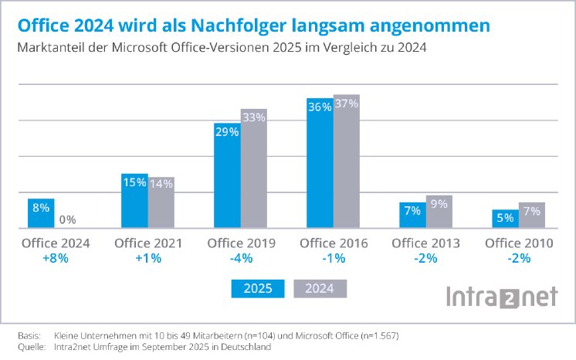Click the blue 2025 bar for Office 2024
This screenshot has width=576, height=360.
[x=41, y=213]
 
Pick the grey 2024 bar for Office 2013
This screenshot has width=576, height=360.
[x=439, y=212]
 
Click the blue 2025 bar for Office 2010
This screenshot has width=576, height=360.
[x=504, y=219]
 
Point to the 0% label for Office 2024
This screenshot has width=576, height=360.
[x=68, y=219]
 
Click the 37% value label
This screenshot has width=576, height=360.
[x=346, y=104]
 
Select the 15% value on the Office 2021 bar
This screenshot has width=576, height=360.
[x=134, y=182]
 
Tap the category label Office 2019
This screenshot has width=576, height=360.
[x=240, y=243]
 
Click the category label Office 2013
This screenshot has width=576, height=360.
[x=425, y=243]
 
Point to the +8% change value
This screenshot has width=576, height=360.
[x=55, y=259]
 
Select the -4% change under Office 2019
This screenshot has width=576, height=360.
[x=240, y=259]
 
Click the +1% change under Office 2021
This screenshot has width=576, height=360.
[x=147, y=259]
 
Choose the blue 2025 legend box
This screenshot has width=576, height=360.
[x=257, y=289]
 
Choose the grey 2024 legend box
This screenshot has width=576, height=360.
[x=320, y=289]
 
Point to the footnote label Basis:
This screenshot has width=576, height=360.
[x=29, y=336]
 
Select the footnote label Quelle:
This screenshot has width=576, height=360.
[x=31, y=347]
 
